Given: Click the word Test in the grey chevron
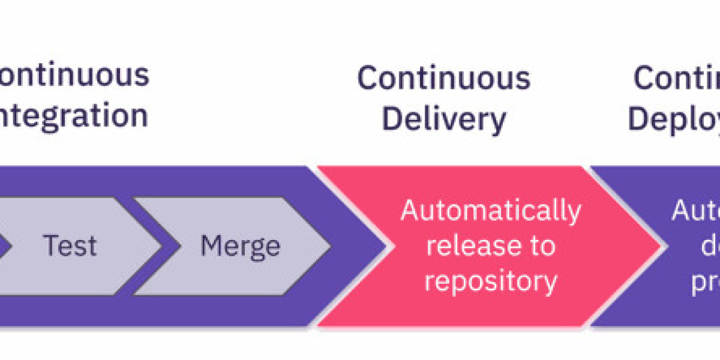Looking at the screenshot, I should [x=70, y=246].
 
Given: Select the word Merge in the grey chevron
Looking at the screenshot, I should [x=240, y=246].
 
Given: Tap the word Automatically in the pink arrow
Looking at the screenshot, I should [x=491, y=211].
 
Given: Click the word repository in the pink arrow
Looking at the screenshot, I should [x=491, y=281].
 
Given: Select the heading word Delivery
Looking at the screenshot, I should [x=444, y=118].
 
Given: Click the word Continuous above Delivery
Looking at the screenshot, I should [x=444, y=78].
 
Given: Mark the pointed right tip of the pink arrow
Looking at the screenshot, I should [x=662, y=246].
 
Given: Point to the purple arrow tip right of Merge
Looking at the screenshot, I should [x=385, y=246].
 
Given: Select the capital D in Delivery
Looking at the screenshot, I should [x=392, y=118].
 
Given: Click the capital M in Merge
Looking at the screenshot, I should [x=212, y=246].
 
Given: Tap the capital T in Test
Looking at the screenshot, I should [x=50, y=246].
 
